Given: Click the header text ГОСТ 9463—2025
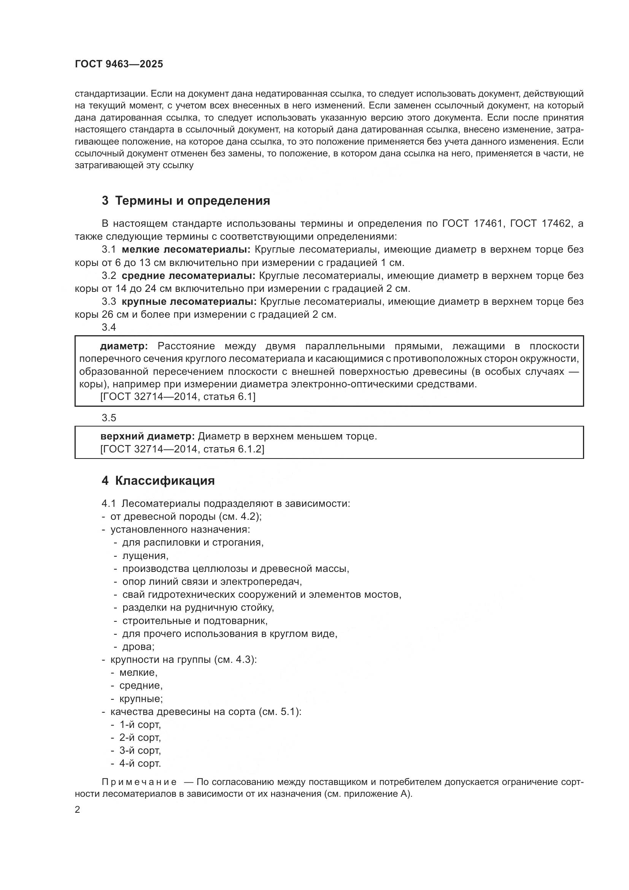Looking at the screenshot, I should click(119, 64).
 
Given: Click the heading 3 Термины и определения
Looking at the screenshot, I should click(186, 201).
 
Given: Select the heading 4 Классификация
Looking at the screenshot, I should click(158, 481).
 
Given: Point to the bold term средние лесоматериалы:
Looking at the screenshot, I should click(188, 275).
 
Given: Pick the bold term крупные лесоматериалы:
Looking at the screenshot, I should click(189, 302).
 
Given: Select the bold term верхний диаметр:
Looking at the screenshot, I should click(148, 436).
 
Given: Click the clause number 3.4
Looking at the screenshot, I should click(109, 328).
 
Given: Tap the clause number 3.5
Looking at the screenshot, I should click(109, 418).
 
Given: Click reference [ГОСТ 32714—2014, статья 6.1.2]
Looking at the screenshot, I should click(182, 449).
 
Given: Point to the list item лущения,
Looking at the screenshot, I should click(145, 556).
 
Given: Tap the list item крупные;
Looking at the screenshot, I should click(141, 699).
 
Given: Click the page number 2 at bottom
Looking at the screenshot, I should click(78, 810).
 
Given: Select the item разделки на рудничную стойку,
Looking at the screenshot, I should click(198, 608).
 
